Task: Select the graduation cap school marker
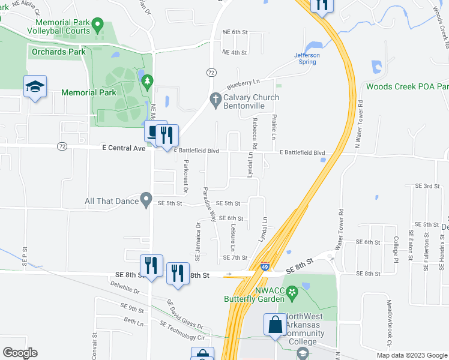coord(35,88)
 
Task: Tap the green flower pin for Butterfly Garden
coord(292,293)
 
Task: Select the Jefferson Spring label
coord(307,59)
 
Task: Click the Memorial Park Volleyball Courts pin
coord(98,26)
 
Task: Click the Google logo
coord(20,353)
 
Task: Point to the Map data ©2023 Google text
coord(411,355)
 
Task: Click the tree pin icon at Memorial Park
coord(145,80)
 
